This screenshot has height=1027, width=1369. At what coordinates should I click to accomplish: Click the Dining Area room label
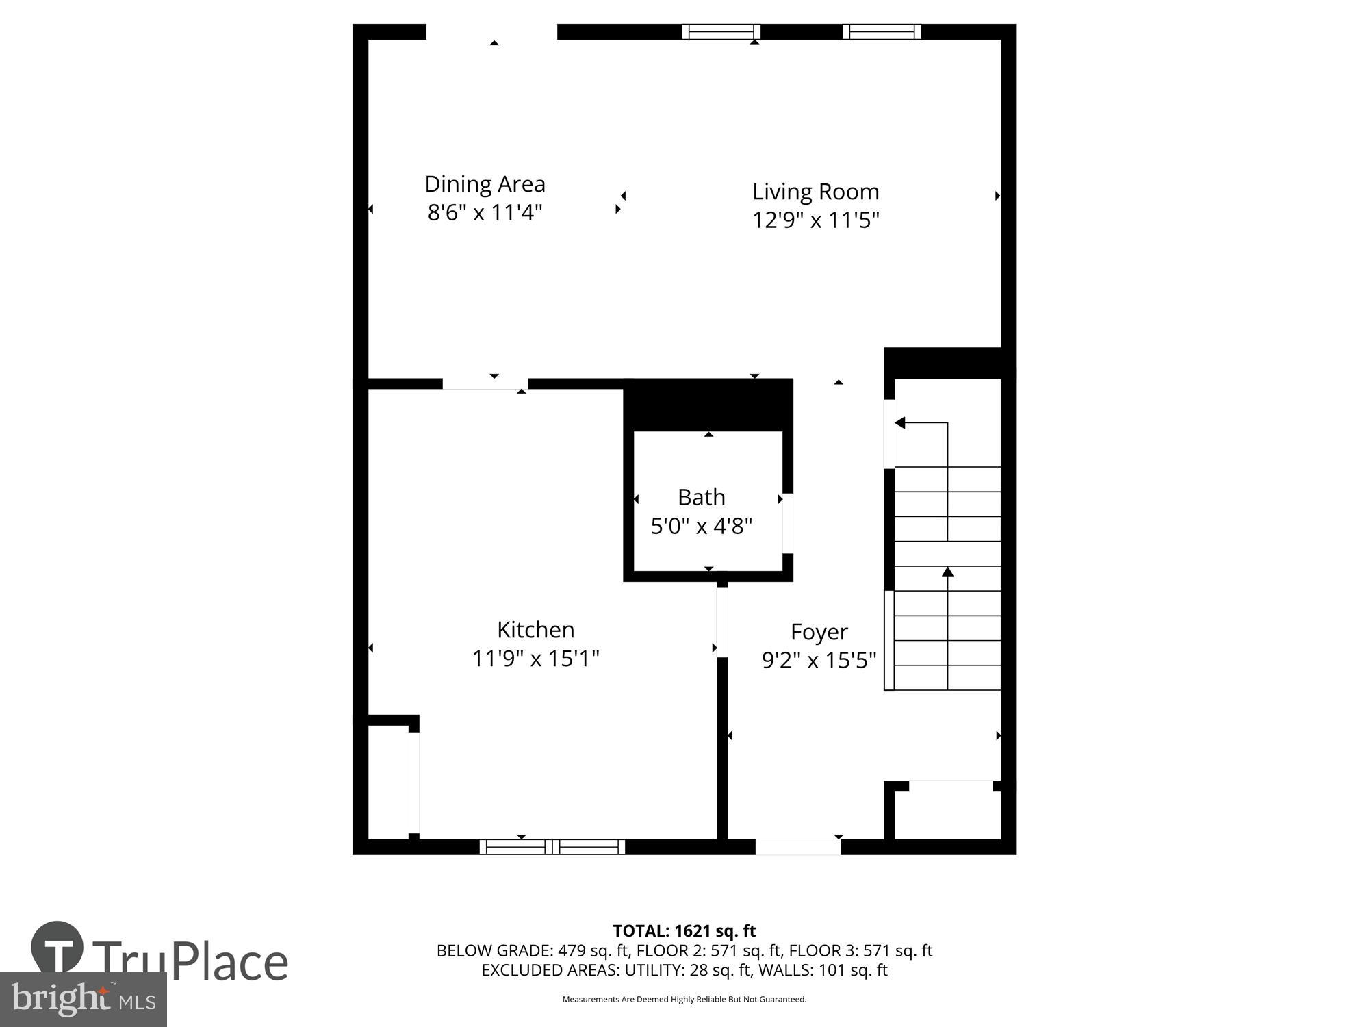coord(485,184)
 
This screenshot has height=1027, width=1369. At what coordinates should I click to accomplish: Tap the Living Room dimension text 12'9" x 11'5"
coord(815,220)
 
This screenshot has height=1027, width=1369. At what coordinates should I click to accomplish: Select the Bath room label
coord(701,497)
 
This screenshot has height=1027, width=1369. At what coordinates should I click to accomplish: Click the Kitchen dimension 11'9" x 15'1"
coord(535,659)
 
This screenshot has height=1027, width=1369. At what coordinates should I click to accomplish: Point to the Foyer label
coord(819,631)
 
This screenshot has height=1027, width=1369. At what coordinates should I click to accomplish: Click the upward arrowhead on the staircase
coord(947,572)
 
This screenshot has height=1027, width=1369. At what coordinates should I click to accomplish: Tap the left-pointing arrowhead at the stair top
coord(900,423)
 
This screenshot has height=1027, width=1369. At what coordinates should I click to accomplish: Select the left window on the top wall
coord(721,31)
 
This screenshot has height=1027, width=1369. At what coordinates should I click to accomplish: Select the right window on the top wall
coord(882,31)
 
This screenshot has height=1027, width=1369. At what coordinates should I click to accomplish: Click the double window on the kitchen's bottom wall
coord(552,847)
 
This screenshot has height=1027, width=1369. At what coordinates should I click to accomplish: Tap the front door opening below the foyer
coord(797,847)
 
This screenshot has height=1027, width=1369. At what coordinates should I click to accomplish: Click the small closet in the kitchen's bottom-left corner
coord(389,781)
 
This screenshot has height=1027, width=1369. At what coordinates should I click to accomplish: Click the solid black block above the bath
coord(708,404)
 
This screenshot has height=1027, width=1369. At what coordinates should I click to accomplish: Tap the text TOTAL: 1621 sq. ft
coord(684,931)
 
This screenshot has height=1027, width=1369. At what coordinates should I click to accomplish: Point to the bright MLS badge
coord(84,1000)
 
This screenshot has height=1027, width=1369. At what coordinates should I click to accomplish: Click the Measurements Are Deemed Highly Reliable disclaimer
coord(684,1000)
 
